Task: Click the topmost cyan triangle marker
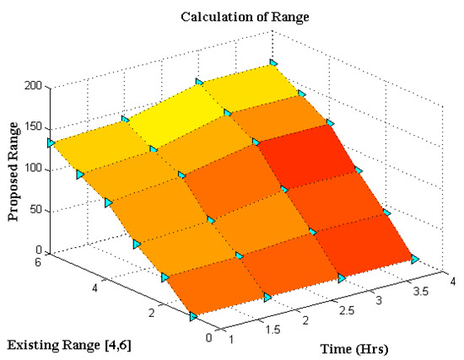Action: pos(272,62)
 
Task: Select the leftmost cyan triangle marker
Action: pos(51,143)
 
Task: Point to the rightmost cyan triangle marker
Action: pos(415,260)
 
